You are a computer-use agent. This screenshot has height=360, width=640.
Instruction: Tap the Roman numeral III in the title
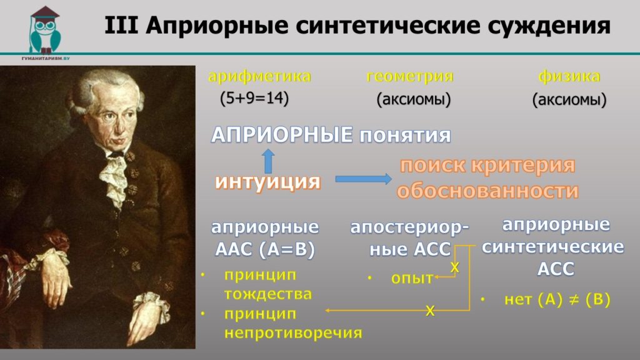pyautogui.click(x=121, y=25)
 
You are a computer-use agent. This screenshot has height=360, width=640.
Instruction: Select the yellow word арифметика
pyautogui.click(x=259, y=76)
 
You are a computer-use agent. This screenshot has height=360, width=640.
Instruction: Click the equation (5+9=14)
pyautogui.click(x=254, y=98)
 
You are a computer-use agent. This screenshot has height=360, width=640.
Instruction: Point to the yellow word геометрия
pyautogui.click(x=410, y=76)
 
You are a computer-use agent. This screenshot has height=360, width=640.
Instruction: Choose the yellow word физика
pyautogui.click(x=569, y=76)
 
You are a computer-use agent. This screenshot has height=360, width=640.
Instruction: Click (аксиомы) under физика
pyautogui.click(x=569, y=99)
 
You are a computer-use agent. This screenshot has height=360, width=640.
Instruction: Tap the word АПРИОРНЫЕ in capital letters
pyautogui.click(x=282, y=135)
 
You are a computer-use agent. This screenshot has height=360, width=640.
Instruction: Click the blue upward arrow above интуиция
pyautogui.click(x=267, y=161)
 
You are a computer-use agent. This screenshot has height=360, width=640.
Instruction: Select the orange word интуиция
pyautogui.click(x=267, y=182)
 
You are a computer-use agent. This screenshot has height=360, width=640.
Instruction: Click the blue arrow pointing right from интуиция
pyautogui.click(x=363, y=179)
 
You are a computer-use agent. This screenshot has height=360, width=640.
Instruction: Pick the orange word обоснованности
pyautogui.click(x=487, y=191)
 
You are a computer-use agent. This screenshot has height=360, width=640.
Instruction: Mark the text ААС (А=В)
pyautogui.click(x=265, y=249)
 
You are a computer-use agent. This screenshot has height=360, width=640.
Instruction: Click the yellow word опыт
pyautogui.click(x=412, y=278)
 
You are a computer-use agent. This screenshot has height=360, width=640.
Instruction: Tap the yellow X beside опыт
pyautogui.click(x=454, y=267)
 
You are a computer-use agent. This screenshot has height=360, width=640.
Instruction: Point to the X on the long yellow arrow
pyautogui.click(x=430, y=311)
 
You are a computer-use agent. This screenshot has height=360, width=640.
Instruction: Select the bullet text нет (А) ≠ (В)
pyautogui.click(x=557, y=300)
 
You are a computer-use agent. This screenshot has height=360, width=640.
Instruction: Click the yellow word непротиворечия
pyautogui.click(x=293, y=333)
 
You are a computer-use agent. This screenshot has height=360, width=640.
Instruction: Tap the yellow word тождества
pyautogui.click(x=267, y=294)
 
